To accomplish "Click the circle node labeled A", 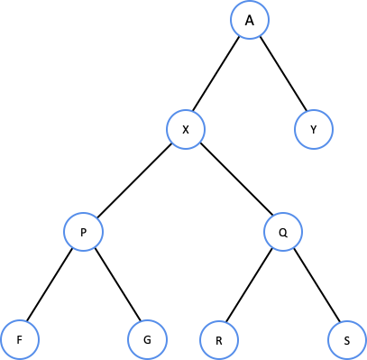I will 250,21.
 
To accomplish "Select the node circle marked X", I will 186,130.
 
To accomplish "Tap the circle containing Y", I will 314,130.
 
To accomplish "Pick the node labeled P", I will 83,233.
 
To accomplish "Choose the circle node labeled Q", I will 283,233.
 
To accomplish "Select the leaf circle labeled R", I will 218,341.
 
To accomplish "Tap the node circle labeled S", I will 347,341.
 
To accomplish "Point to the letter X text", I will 186,130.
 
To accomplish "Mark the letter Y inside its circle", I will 314,130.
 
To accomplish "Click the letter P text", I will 83,233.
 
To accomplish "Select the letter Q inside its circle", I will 283,233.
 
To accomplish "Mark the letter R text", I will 218,341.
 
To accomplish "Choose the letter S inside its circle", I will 347,341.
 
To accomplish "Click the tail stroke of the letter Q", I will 285,236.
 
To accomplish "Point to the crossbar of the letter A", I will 250,23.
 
